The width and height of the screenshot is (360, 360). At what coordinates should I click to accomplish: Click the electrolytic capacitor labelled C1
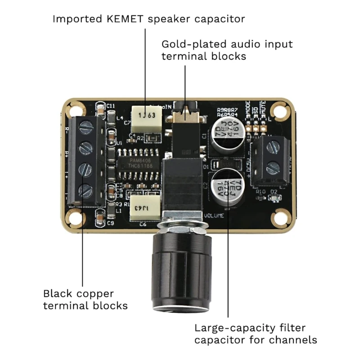point(230,134)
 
